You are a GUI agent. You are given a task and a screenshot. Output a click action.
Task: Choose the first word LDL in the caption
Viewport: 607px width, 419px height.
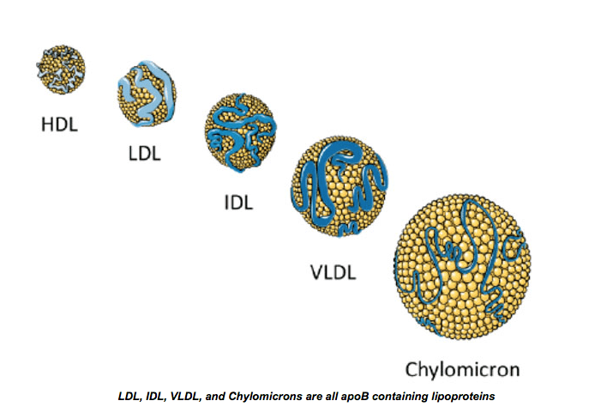point(129,398)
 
